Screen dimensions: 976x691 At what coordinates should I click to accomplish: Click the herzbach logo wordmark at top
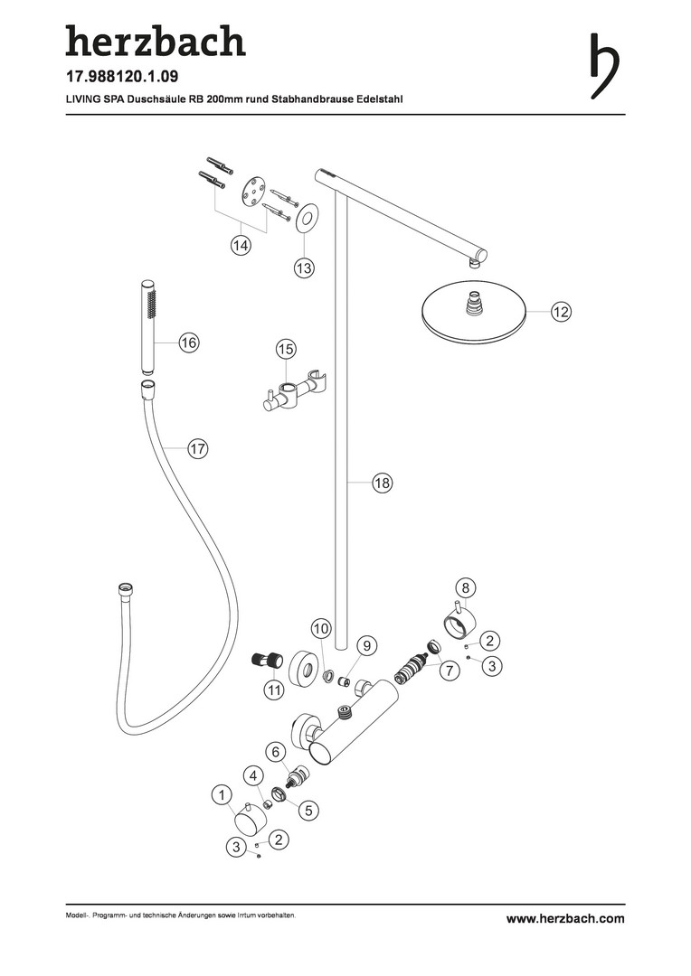click(x=154, y=42)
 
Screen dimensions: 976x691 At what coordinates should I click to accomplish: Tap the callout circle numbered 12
click(x=562, y=312)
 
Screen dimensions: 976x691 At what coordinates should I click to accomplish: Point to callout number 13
click(x=304, y=268)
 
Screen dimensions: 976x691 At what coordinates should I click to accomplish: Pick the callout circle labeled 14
click(x=240, y=246)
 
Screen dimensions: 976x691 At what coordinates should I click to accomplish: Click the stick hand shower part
click(x=147, y=330)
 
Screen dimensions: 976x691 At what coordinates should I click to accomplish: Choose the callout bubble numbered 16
click(x=188, y=343)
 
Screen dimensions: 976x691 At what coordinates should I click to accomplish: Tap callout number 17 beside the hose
click(x=198, y=447)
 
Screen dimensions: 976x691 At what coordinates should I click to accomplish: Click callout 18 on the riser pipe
click(x=382, y=483)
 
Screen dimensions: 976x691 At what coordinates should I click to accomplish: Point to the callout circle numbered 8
click(x=465, y=587)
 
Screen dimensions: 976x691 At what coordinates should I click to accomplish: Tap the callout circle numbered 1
click(x=220, y=795)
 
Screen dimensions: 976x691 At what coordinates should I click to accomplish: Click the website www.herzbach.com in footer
click(x=565, y=918)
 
